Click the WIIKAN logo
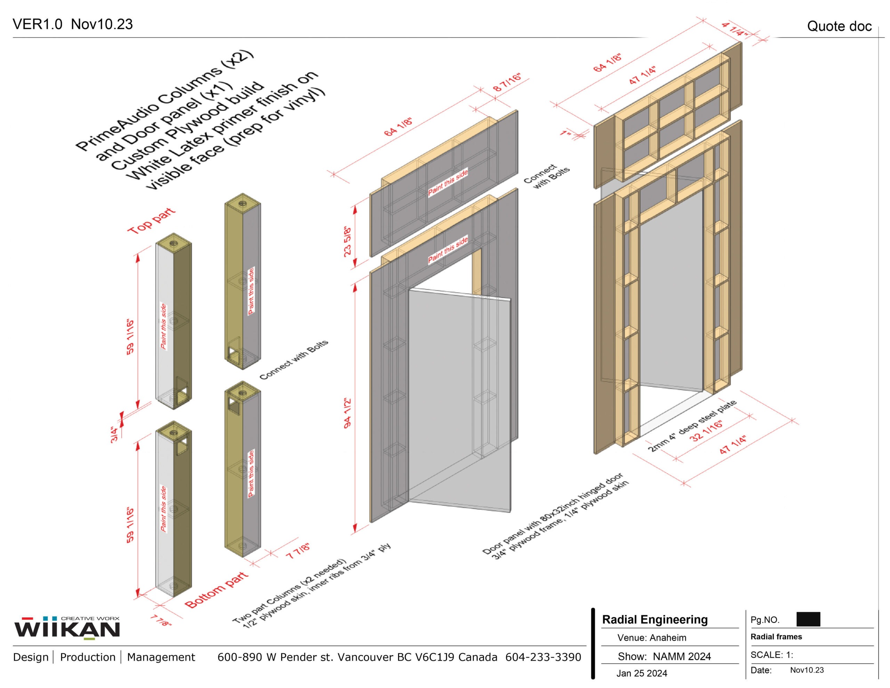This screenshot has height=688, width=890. pyautogui.click(x=67, y=628)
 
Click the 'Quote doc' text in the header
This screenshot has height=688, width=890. pyautogui.click(x=839, y=26)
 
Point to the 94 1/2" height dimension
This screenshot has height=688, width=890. pyautogui.click(x=348, y=413)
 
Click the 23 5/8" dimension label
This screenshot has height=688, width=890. pyautogui.click(x=348, y=241)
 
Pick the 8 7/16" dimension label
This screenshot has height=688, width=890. pyautogui.click(x=507, y=83)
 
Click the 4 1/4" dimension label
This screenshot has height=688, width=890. pyautogui.click(x=734, y=29)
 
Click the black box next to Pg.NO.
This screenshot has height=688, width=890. pyautogui.click(x=808, y=619)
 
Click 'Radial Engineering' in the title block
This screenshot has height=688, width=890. pyautogui.click(x=655, y=619)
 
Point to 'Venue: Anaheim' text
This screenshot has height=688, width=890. pyautogui.click(x=652, y=638)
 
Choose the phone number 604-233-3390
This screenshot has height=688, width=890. pyautogui.click(x=543, y=657)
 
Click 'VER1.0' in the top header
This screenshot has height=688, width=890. pyautogui.click(x=38, y=24)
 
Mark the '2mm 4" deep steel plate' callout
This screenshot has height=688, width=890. pyautogui.click(x=692, y=426)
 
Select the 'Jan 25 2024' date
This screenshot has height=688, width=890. pyautogui.click(x=642, y=673)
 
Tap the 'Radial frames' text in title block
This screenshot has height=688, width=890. pyautogui.click(x=776, y=637)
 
